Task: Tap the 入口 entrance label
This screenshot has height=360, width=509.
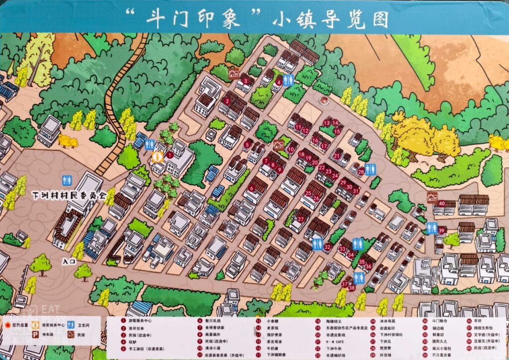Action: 69,260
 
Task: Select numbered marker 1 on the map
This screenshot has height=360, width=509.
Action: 170,155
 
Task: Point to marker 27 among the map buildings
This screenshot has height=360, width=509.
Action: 301,219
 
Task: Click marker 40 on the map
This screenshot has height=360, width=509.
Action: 441,202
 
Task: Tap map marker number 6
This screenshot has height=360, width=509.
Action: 252,188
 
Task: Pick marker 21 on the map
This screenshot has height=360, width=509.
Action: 337,156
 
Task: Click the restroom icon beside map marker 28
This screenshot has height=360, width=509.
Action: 373,170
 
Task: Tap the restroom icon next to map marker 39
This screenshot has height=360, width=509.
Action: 430,228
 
